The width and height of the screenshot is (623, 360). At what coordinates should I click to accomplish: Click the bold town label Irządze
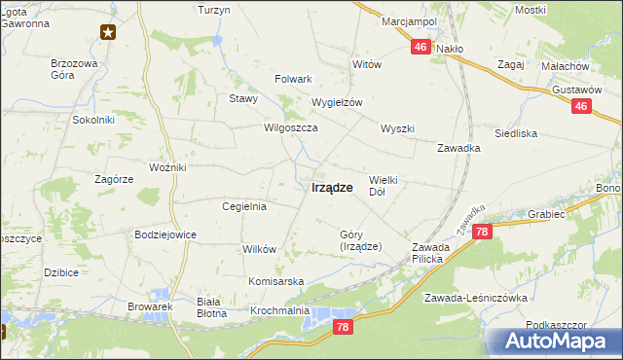[332, 189]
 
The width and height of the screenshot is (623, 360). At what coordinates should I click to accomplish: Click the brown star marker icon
[108, 32]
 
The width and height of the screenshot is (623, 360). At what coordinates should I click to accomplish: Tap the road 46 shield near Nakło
[421, 46]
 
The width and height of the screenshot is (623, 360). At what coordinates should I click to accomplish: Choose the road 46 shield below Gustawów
[581, 107]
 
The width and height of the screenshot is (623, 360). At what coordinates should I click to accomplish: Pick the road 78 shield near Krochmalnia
[342, 328]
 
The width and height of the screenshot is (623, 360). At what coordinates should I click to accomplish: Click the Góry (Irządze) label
[360, 240]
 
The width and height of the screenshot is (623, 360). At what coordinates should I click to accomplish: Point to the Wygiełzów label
[336, 102]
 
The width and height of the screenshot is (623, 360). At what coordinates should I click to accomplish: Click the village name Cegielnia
[244, 206]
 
